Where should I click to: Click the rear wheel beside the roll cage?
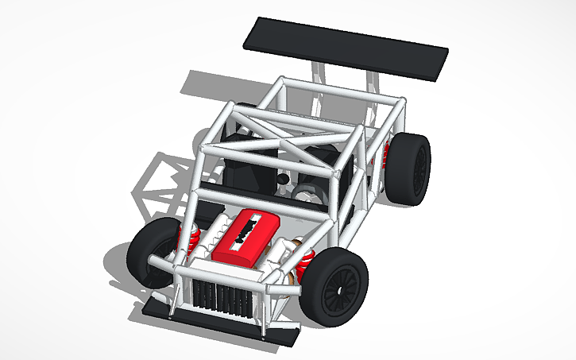(x=412, y=169)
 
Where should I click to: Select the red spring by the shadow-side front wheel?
(x=191, y=238)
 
